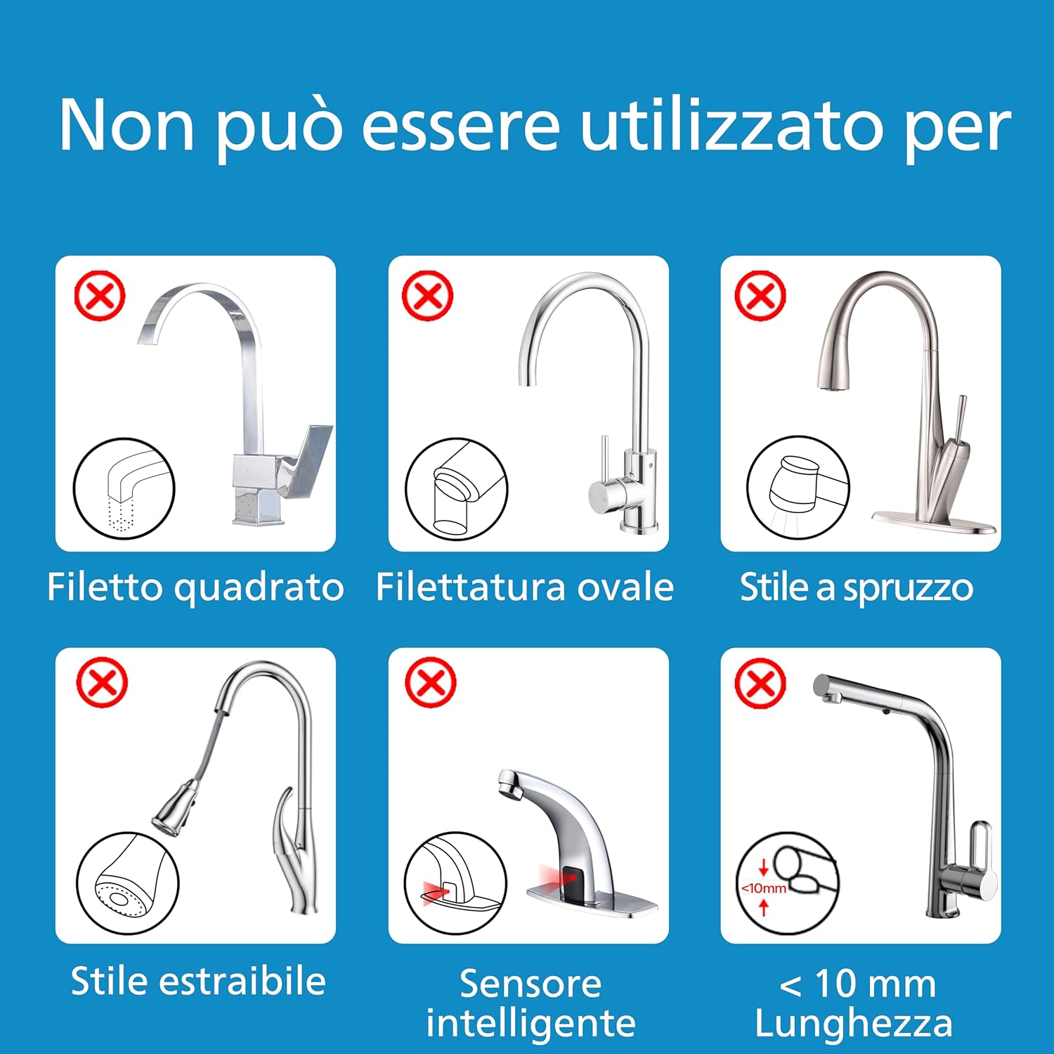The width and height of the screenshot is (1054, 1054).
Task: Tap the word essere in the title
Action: point(460,126)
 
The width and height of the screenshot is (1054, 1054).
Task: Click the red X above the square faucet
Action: point(100,296)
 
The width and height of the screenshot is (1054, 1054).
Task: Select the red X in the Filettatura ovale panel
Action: point(427,296)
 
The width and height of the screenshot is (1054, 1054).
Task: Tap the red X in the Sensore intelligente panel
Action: point(431,682)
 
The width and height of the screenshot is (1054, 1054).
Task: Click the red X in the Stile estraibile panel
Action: point(102,682)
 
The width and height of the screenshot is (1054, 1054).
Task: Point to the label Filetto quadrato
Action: point(195,587)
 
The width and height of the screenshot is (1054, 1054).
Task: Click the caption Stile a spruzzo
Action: point(857,587)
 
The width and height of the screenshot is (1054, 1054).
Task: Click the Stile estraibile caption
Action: point(198,981)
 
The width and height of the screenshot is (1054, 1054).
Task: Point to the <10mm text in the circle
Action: point(764,888)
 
